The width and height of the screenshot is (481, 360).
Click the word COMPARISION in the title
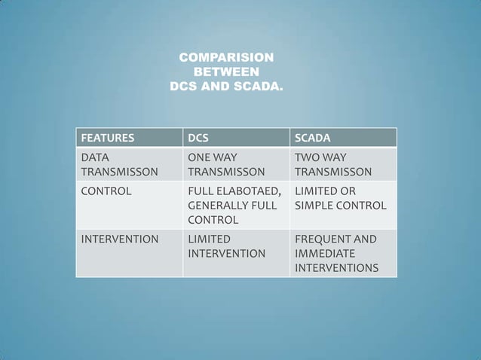point(226,58)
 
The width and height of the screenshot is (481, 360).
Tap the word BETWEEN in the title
point(227,72)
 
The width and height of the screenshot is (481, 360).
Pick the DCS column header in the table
point(199,139)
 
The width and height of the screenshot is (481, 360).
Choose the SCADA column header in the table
point(311,139)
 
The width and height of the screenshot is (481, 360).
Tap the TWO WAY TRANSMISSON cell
point(332,165)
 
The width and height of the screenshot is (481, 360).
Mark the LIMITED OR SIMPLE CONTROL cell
point(339,198)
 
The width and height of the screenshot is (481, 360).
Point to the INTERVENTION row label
point(120,239)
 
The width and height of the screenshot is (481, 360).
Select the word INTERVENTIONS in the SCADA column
point(336,268)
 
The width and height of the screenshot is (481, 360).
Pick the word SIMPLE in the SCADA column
point(312,206)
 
